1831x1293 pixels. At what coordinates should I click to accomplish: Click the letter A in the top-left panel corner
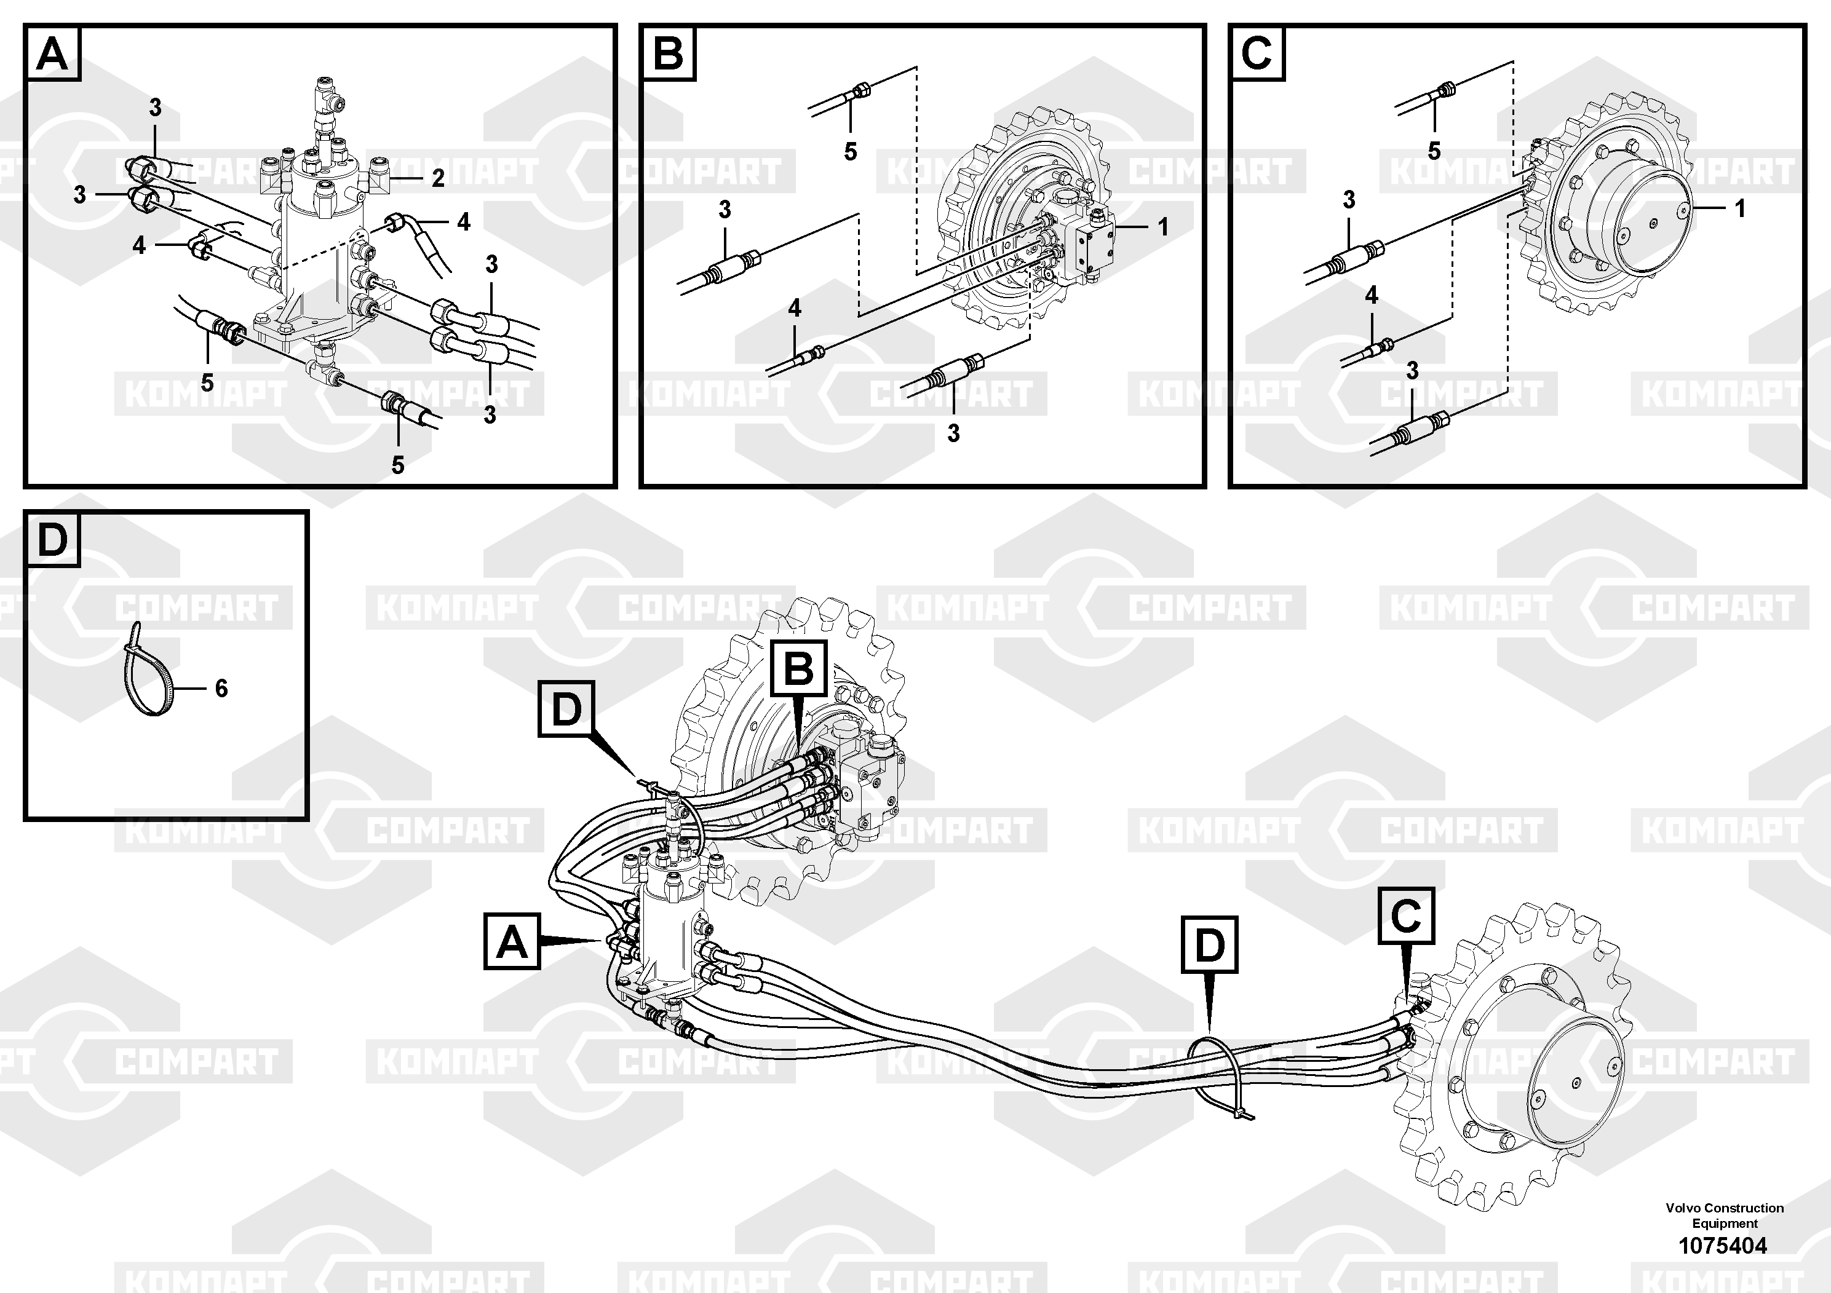point(53,54)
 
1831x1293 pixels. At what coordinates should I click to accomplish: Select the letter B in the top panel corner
point(669,54)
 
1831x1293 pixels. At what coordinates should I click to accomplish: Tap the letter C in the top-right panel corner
point(1257,54)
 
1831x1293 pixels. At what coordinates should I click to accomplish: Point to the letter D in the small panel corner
point(53,540)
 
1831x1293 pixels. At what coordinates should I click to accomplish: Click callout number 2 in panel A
point(438,178)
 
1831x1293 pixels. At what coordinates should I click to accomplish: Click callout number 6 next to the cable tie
point(221,688)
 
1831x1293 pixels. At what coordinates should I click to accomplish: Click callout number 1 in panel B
point(1162,227)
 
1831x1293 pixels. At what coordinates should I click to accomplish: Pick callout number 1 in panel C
point(1740,209)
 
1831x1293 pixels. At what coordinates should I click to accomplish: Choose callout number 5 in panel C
point(1434,151)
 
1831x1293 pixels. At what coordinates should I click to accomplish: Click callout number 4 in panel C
point(1372,296)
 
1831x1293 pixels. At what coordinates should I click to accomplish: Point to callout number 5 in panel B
point(850,151)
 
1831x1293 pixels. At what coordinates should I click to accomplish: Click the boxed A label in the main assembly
point(512,941)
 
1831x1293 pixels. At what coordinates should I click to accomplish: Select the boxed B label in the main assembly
point(799,668)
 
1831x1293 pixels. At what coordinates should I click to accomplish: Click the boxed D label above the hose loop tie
point(1210,944)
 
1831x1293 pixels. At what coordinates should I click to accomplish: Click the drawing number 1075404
point(1723,1245)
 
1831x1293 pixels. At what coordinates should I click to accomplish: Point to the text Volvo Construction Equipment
point(1724,1216)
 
